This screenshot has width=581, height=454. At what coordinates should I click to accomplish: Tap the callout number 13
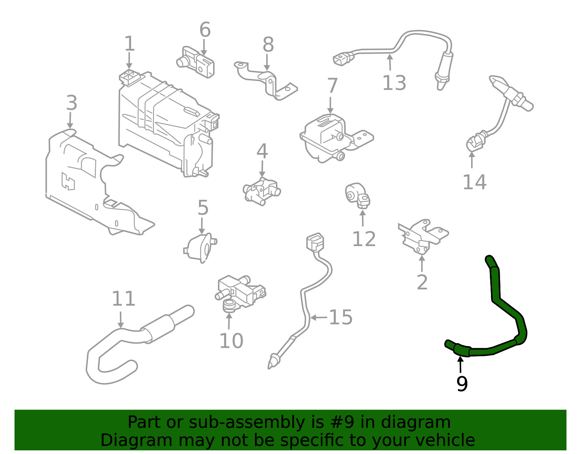(x=394, y=83)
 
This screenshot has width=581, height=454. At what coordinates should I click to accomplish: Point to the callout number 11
(x=123, y=298)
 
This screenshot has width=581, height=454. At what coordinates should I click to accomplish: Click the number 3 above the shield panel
(x=72, y=103)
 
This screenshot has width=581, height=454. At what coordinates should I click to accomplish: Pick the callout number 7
(x=332, y=85)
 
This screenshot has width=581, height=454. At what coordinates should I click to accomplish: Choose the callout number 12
(x=364, y=239)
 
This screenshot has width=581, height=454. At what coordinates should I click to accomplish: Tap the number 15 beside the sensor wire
(x=341, y=317)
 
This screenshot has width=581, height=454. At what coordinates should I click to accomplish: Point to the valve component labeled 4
(x=261, y=191)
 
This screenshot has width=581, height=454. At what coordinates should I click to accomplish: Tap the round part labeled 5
(x=200, y=248)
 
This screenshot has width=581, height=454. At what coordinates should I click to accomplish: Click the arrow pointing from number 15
(x=319, y=318)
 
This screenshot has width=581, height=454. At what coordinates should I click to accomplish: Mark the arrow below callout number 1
(x=129, y=60)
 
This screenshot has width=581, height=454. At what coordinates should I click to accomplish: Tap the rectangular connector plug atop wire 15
(x=315, y=242)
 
